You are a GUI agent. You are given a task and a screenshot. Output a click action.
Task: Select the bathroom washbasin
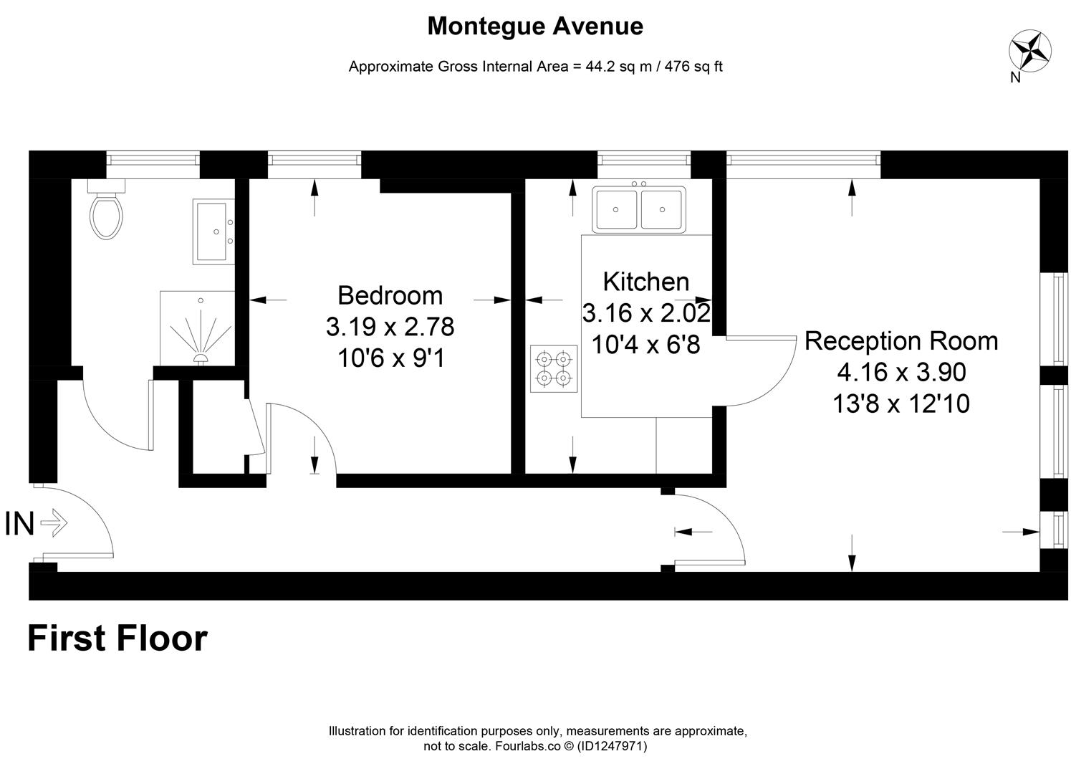(x=213, y=231)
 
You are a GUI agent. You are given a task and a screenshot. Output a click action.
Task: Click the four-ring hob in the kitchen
(x=554, y=368)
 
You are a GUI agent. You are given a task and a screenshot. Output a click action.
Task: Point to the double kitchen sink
(x=638, y=209)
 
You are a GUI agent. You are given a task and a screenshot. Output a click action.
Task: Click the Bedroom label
(x=390, y=295)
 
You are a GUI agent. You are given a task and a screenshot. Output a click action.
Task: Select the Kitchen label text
(x=645, y=282)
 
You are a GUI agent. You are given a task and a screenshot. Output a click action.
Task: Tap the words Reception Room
(x=900, y=340)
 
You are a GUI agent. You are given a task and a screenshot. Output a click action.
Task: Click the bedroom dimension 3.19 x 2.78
(x=390, y=327)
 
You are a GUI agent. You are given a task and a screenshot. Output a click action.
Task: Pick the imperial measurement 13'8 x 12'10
(x=900, y=404)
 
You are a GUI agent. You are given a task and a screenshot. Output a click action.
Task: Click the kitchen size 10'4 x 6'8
(x=645, y=345)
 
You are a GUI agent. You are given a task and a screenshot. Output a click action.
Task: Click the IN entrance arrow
(x=54, y=523)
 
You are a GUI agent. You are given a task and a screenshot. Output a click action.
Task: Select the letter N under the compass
(x=1015, y=78)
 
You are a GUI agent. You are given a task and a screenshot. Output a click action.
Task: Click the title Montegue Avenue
(x=535, y=27)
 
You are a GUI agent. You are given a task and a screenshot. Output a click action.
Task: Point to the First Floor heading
(x=117, y=638)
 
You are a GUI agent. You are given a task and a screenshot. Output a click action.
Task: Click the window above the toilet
(x=153, y=164)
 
